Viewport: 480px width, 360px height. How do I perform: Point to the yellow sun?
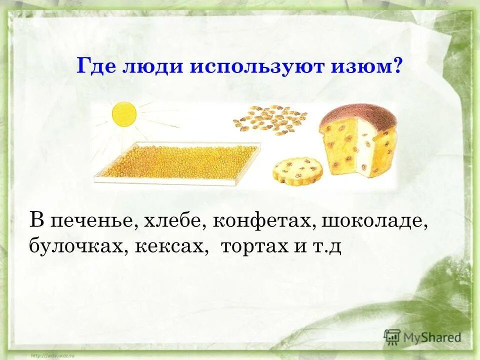pos(124,114)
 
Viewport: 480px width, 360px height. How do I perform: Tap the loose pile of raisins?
pos(270,120)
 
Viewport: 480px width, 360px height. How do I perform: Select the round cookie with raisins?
pos(297,170)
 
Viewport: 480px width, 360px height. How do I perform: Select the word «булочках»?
pos(77,246)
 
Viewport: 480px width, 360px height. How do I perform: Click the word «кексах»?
pos(170,246)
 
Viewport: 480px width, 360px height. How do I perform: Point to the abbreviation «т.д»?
pos(327,246)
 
